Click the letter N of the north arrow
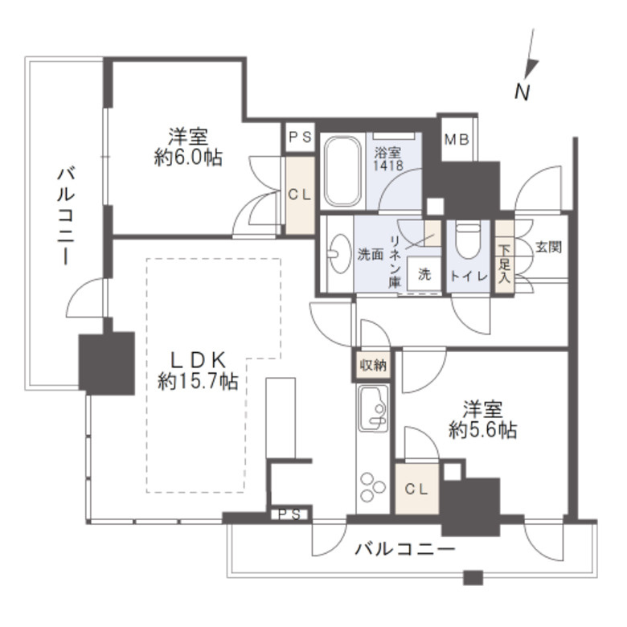point(522,92)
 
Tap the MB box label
point(458,137)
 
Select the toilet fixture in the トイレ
point(466,242)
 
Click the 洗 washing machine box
point(424,273)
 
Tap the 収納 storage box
point(372,365)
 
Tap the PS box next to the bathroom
point(301,137)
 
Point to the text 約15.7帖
point(198,382)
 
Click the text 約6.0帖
point(187,158)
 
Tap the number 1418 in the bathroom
point(387,166)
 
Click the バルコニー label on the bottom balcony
point(404,551)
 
